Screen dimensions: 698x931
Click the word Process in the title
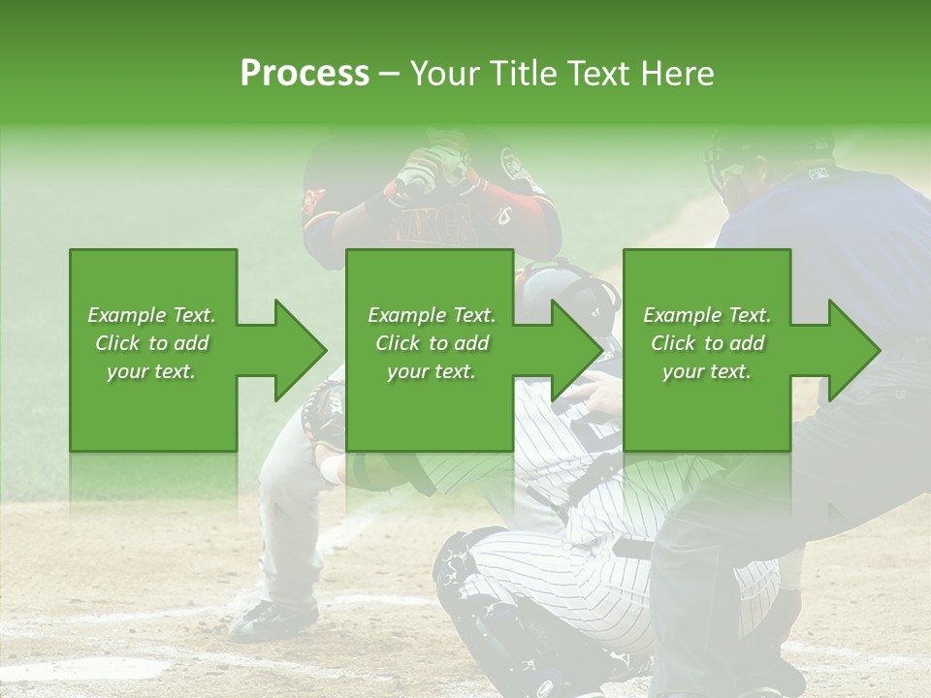coord(305,74)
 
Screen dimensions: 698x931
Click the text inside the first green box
coord(151,343)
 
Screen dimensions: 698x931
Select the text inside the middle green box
coord(432,343)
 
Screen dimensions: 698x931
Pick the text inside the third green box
coord(707,343)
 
